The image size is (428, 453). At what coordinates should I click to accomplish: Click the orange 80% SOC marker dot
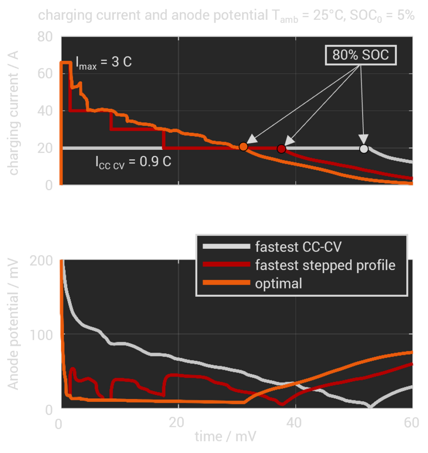243,147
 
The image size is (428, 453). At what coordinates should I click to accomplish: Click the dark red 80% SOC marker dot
281,149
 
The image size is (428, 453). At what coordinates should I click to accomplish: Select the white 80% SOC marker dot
364,149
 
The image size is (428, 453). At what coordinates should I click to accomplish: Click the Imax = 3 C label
104,62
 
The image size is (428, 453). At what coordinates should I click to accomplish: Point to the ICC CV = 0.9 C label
133,163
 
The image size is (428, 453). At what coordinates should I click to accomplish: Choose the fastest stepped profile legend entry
325,265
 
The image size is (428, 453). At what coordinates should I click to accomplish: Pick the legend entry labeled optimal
279,283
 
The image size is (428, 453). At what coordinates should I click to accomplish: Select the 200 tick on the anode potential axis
42,260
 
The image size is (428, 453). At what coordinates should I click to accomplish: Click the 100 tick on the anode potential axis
42,334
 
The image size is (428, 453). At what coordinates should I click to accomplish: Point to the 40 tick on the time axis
295,423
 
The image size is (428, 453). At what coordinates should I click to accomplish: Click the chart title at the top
226,16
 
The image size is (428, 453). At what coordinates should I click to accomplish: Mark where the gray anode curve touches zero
370,407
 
